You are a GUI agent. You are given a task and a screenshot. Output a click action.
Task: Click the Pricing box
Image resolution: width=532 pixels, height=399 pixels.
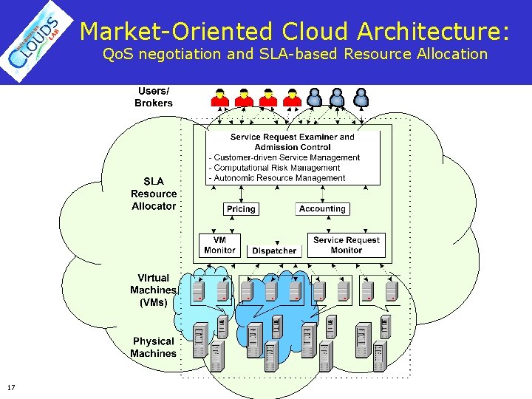(x=241, y=209)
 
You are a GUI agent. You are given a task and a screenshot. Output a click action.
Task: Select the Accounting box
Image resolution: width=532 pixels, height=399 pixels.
(x=322, y=209)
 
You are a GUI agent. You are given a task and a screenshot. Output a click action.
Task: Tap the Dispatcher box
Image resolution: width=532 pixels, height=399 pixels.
(x=274, y=251)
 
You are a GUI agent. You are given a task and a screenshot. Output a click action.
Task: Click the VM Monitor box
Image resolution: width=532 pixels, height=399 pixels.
(x=219, y=245)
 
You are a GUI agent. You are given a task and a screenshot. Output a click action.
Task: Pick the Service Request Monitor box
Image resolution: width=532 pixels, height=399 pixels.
(x=346, y=245)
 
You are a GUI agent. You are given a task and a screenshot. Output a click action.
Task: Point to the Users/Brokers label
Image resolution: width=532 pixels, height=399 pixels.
(x=153, y=98)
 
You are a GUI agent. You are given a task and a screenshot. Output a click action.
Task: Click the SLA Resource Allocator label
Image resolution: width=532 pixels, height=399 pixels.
(x=154, y=194)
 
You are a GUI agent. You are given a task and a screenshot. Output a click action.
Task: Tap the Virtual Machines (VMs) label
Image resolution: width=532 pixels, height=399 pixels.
(x=153, y=290)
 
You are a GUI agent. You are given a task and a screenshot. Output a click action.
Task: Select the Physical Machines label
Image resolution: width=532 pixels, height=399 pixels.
(x=153, y=347)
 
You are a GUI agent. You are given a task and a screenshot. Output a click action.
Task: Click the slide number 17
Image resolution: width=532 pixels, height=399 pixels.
(x=10, y=388)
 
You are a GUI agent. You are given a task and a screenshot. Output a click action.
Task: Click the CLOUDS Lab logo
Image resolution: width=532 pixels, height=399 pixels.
(x=38, y=41)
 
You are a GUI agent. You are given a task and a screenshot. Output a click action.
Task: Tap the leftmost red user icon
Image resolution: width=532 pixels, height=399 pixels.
(x=219, y=97)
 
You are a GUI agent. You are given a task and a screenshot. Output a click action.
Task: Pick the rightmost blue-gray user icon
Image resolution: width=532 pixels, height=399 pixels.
(x=360, y=97)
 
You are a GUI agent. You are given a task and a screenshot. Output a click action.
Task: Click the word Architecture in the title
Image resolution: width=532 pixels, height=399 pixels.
(x=433, y=31)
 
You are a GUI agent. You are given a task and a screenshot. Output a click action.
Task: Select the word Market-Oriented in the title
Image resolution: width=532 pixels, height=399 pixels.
(x=177, y=31)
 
